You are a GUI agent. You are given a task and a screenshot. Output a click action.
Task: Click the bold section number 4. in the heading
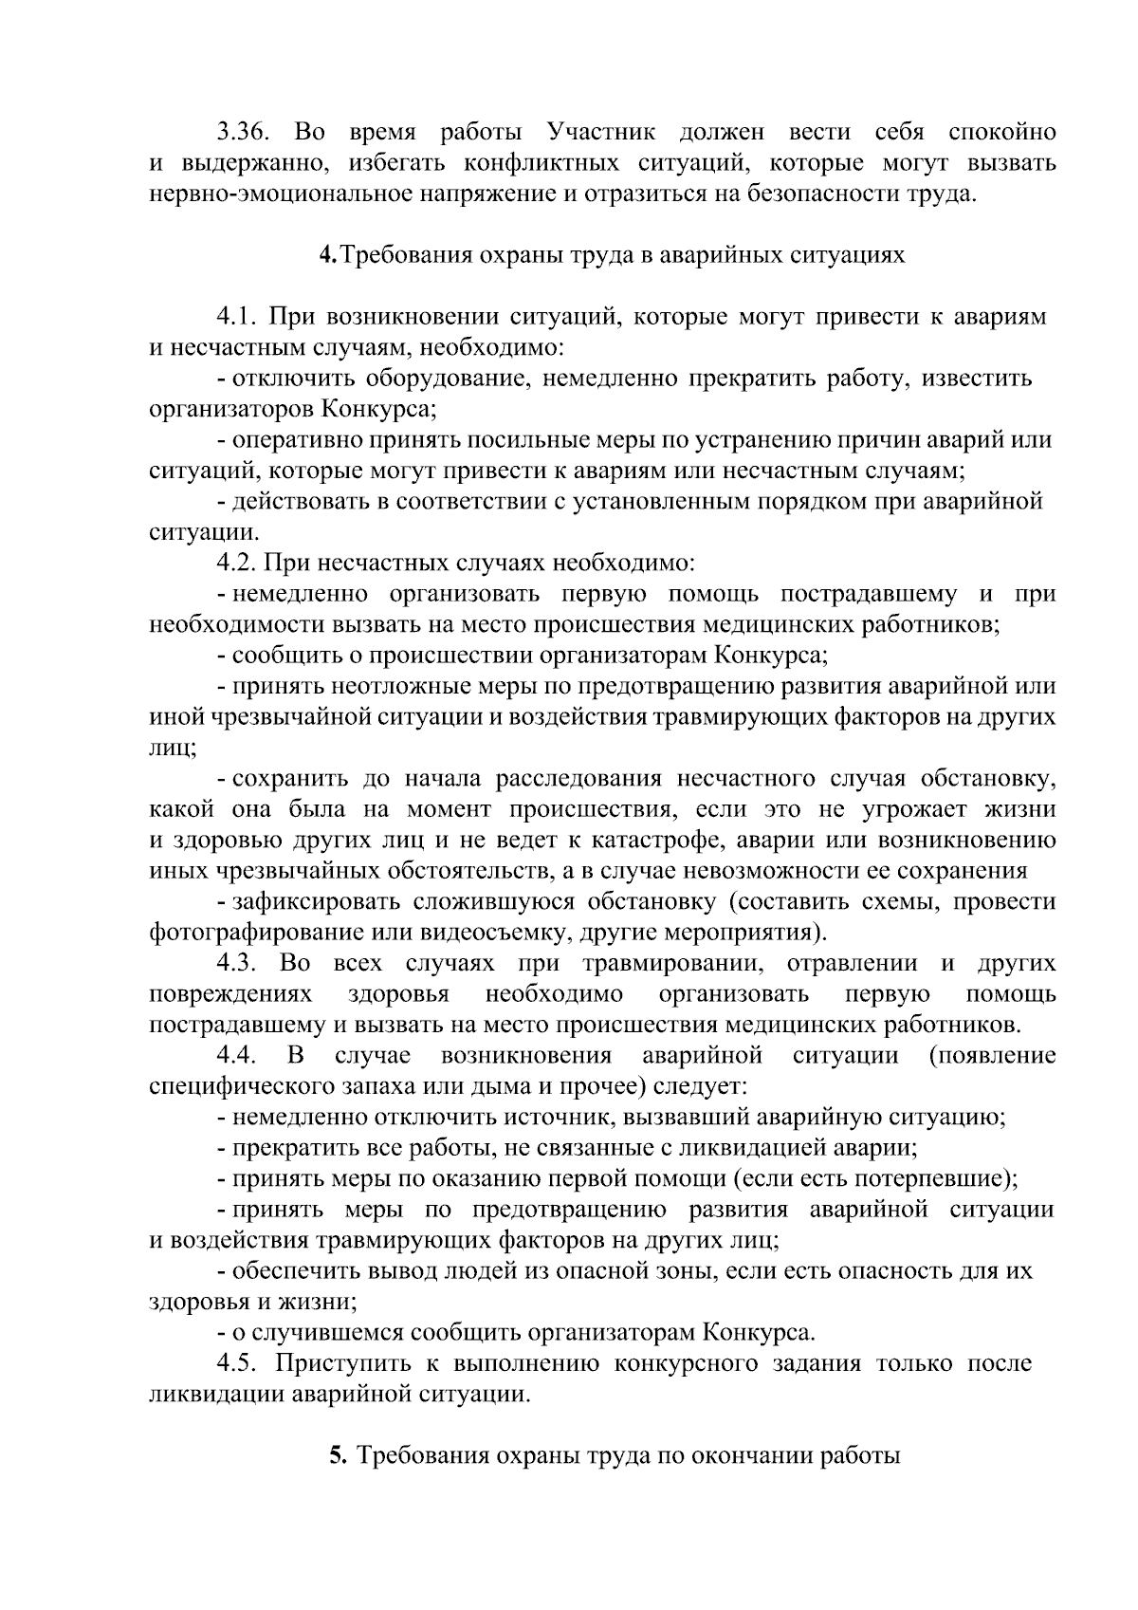tap(327, 255)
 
